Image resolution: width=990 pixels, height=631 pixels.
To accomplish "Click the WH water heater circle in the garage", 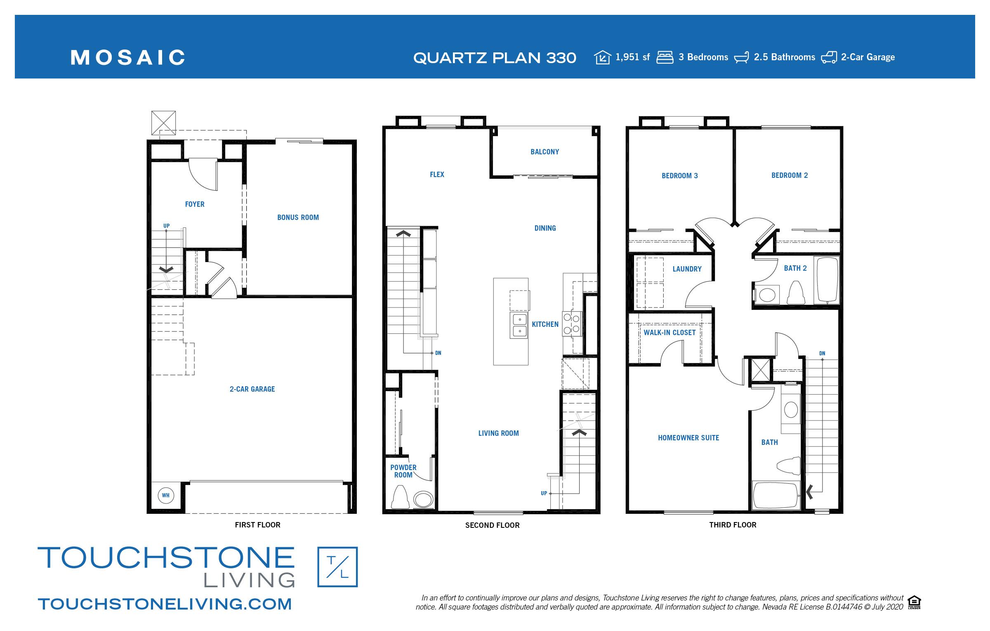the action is click(165, 495).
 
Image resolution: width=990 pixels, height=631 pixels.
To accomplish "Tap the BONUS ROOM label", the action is click(298, 217).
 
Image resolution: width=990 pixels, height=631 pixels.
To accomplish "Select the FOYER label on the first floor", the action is click(195, 204).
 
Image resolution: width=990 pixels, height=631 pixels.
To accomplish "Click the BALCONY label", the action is click(544, 152).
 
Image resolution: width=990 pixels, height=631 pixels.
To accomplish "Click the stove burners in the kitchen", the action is click(572, 324).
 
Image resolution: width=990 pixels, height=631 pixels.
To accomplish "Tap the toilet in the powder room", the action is click(399, 497).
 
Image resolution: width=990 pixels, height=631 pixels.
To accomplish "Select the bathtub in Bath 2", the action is click(828, 281).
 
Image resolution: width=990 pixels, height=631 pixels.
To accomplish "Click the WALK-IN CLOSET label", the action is click(669, 333).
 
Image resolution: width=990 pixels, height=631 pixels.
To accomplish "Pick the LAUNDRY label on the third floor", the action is click(687, 269).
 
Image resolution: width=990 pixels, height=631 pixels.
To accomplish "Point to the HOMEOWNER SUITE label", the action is click(688, 438).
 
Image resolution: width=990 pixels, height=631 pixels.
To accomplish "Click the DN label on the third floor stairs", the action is click(822, 353).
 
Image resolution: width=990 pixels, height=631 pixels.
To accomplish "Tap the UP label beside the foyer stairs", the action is click(166, 226).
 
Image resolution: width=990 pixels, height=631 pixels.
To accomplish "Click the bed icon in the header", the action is click(665, 57).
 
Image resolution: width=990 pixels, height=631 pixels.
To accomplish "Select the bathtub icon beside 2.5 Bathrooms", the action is click(741, 57).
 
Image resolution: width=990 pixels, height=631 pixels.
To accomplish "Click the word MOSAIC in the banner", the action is click(128, 58).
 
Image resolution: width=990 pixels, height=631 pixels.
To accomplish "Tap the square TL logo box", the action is click(337, 567).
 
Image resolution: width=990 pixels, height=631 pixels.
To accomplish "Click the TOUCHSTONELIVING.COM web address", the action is click(165, 604).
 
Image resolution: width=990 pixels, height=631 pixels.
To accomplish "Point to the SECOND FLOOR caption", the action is click(492, 525).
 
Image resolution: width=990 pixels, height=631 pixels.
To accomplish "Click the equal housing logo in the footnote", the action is click(915, 603).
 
